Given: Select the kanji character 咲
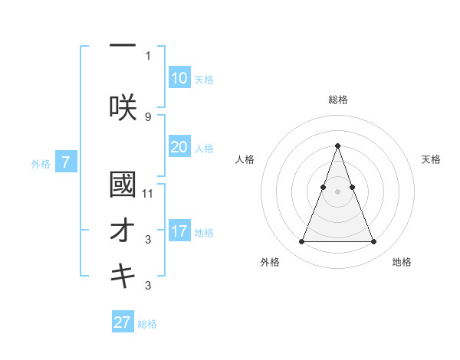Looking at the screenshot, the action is point(123,107).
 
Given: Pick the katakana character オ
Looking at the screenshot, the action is point(123,232).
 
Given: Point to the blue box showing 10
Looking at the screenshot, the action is point(179,78).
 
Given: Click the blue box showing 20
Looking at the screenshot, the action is point(179,147).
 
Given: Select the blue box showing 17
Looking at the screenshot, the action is point(179,231).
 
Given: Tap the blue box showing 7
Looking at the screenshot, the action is point(67,162).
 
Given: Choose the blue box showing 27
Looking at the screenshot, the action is point(123,322).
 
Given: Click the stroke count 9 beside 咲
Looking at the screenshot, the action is point(148,116).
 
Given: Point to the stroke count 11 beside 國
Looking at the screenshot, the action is point(148,194).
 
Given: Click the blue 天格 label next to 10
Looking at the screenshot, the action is point(203,80).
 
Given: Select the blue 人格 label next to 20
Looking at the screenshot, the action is point(203,149).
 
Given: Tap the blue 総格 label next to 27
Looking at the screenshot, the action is point(147,324).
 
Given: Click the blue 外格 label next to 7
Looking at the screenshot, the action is point(41,163).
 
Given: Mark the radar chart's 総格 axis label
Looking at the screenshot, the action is point(338,100).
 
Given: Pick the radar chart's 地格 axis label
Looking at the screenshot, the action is point(402,263).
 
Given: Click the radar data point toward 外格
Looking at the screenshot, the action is point(301,242).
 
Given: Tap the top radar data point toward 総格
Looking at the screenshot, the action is point(337,146).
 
